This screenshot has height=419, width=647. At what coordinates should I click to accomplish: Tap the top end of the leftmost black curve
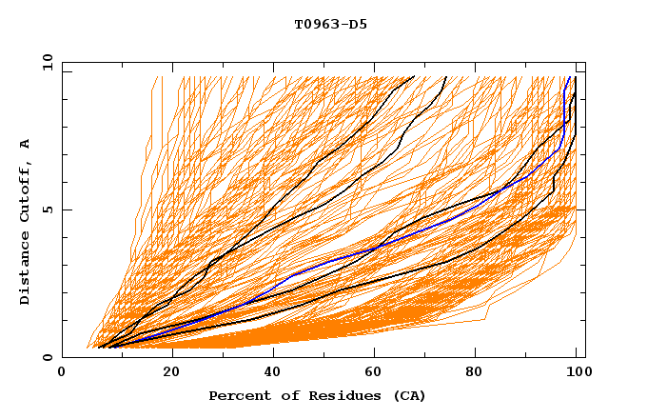414,77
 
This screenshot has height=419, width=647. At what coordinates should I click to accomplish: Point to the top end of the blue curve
569,77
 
